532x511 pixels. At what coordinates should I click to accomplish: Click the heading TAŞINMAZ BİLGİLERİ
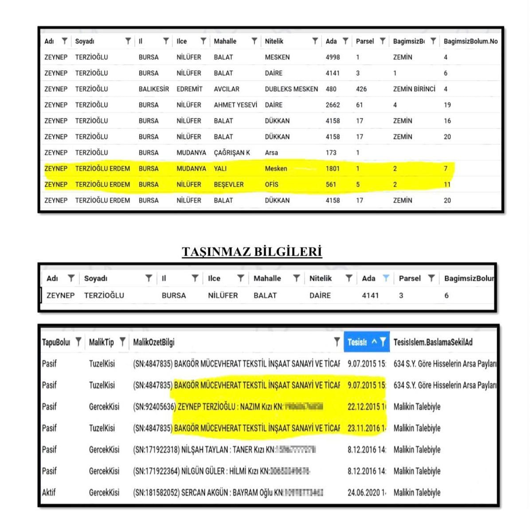251,251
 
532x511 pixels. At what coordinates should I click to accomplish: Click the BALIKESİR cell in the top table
153,89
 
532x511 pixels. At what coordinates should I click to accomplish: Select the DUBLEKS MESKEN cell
291,89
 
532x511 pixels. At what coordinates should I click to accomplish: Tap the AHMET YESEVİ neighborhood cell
235,105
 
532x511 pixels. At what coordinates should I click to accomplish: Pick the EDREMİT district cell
189,89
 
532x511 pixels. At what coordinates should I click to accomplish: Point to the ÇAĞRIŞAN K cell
232,153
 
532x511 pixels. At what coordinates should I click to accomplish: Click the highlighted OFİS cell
271,185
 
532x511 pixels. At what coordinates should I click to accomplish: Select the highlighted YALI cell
220,169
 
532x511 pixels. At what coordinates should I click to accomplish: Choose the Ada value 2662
332,105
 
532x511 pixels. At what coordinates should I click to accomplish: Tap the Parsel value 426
361,89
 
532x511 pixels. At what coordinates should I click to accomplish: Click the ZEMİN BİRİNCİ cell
414,89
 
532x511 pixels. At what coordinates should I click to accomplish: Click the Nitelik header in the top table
274,41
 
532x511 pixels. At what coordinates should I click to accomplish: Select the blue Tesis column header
357,342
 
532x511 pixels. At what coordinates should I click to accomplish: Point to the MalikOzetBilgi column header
153,342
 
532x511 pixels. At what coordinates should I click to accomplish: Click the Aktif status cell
49,492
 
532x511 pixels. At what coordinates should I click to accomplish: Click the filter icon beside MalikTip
122,342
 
